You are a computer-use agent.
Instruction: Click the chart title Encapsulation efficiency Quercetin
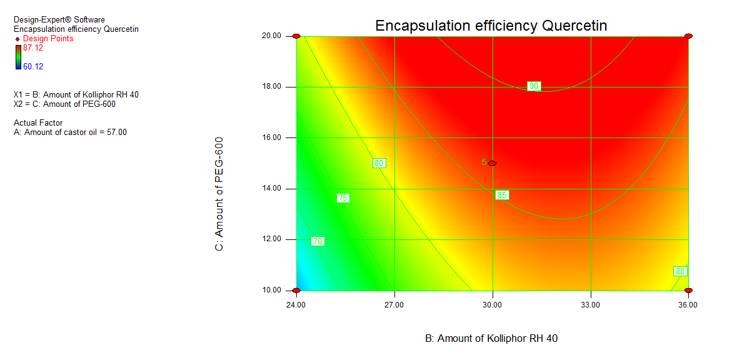pyautogui.click(x=491, y=26)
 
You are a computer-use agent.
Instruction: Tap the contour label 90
pyautogui.click(x=534, y=86)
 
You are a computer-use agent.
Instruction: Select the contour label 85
pyautogui.click(x=502, y=195)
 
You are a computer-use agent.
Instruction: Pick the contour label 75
pyautogui.click(x=343, y=198)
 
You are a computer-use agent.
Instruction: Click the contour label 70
pyautogui.click(x=318, y=241)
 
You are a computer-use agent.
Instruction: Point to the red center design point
pyautogui.click(x=493, y=163)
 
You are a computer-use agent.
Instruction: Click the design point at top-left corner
pyautogui.click(x=296, y=36)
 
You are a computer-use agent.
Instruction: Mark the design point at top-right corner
pyautogui.click(x=688, y=36)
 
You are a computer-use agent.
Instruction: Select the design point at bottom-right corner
pyautogui.click(x=688, y=291)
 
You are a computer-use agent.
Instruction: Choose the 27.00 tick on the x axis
pyautogui.click(x=394, y=305)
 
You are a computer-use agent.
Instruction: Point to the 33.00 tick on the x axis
pyautogui.click(x=591, y=305)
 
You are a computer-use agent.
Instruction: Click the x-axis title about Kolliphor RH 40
pyautogui.click(x=491, y=338)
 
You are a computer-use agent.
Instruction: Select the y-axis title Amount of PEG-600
pyautogui.click(x=219, y=194)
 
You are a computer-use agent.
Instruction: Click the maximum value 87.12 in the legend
pyautogui.click(x=33, y=48)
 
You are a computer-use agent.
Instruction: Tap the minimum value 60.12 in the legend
pyautogui.click(x=33, y=66)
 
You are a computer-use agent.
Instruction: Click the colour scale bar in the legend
pyautogui.click(x=18, y=57)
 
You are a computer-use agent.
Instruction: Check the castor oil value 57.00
pyautogui.click(x=116, y=132)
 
